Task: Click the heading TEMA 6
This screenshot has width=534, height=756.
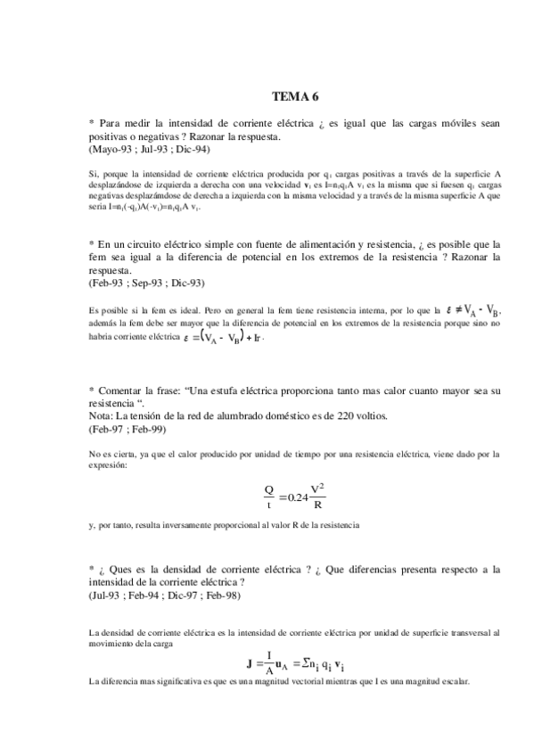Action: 294,98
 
